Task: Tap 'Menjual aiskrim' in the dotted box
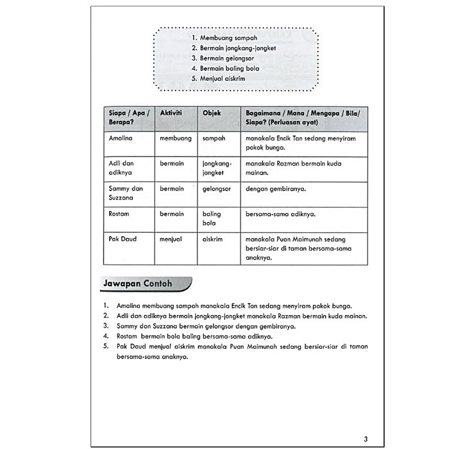pyautogui.click(x=223, y=79)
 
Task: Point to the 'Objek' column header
pyautogui.click(x=212, y=112)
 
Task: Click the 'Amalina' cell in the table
pyautogui.click(x=121, y=138)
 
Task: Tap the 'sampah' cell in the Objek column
pyautogui.click(x=214, y=138)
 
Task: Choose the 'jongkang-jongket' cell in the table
pyautogui.click(x=216, y=168)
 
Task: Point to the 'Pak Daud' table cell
pyautogui.click(x=122, y=239)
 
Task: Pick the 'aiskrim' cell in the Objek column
pyautogui.click(x=214, y=239)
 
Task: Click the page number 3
pyautogui.click(x=366, y=421)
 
